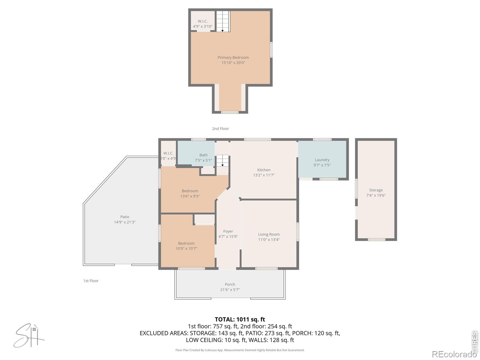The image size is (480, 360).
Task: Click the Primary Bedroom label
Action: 233,58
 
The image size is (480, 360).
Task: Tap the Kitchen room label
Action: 264,170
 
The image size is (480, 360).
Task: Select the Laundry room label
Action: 322,160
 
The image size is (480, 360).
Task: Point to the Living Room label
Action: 269,234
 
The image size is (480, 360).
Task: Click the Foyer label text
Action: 228,231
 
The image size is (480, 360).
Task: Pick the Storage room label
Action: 376,190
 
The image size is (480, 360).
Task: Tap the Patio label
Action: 124,217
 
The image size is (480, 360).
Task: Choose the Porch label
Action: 230,284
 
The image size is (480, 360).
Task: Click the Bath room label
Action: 203,155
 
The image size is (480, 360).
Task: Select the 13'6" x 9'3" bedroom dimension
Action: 190,196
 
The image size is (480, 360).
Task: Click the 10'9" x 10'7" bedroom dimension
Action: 186,248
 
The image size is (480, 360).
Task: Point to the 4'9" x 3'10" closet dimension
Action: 202,26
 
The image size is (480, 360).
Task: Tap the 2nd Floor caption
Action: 220,129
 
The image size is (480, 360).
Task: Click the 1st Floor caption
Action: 91,281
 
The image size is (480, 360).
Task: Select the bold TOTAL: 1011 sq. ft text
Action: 240,319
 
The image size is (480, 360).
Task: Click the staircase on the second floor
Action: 223,21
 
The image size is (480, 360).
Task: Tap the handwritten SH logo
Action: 29,335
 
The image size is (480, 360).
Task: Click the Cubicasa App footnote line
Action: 240,350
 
